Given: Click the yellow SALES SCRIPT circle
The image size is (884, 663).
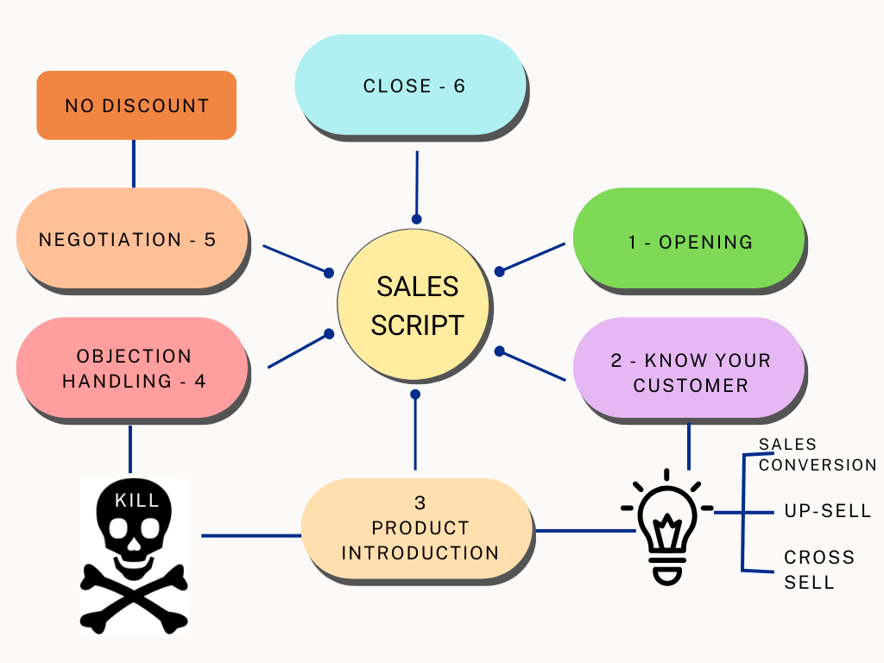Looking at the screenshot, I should (x=414, y=306).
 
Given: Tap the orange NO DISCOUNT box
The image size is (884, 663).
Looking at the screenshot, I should (x=136, y=105).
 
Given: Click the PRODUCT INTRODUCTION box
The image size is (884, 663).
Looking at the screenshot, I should (x=418, y=527).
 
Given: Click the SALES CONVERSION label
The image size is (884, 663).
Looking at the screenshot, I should (x=817, y=455).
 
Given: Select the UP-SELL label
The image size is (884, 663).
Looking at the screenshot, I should (x=827, y=511).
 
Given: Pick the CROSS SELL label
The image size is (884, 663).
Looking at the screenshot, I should (x=818, y=570).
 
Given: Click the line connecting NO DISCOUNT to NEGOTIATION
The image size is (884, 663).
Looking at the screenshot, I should (x=134, y=163).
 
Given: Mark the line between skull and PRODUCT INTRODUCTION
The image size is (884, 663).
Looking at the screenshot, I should (x=250, y=535).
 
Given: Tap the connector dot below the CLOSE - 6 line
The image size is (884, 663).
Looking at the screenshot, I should (x=416, y=219).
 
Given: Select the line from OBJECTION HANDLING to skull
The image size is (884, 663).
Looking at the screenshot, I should (x=130, y=449).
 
